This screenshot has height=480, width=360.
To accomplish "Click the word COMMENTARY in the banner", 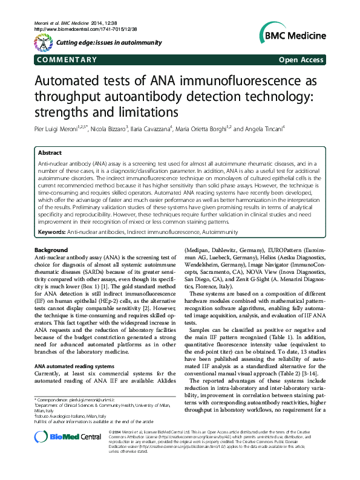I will (x=67, y=60).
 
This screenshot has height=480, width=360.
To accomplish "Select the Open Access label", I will (x=302, y=60).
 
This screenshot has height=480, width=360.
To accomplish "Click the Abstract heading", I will (x=50, y=154).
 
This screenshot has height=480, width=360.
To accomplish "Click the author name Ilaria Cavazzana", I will (x=166, y=129).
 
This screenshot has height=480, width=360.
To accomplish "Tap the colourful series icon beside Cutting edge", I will (x=43, y=42).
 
